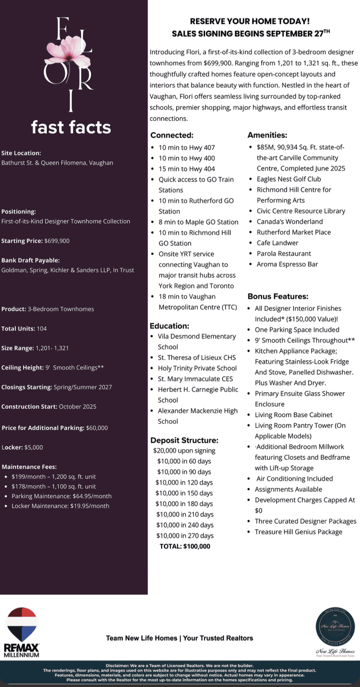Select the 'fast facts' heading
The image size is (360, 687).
71,127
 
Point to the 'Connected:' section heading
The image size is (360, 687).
172,135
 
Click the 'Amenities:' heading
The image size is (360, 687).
267,135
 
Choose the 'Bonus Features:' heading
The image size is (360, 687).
278,296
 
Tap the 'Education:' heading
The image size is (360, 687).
169,326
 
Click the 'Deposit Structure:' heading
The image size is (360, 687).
184,440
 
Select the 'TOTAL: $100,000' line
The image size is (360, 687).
185,546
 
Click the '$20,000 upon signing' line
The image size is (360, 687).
184,450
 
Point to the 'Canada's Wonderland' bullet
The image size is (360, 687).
290,222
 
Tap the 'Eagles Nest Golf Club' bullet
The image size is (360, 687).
289,179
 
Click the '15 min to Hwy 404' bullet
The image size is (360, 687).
187,169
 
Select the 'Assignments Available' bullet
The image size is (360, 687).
288,489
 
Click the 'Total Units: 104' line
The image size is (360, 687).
24,328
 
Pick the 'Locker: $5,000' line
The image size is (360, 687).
22,447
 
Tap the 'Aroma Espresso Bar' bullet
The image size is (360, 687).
287,264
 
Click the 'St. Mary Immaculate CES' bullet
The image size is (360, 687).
195,379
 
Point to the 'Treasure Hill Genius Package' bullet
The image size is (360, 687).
298,532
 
